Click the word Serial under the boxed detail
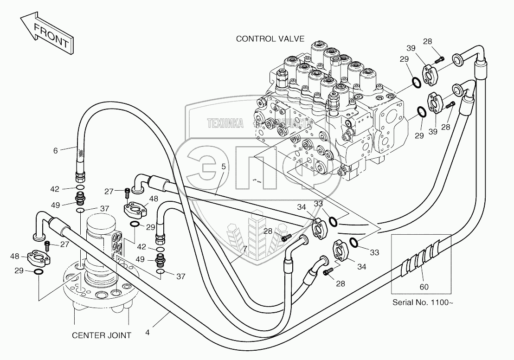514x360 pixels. pos(403,302)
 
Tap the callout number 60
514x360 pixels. pos(424,287)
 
